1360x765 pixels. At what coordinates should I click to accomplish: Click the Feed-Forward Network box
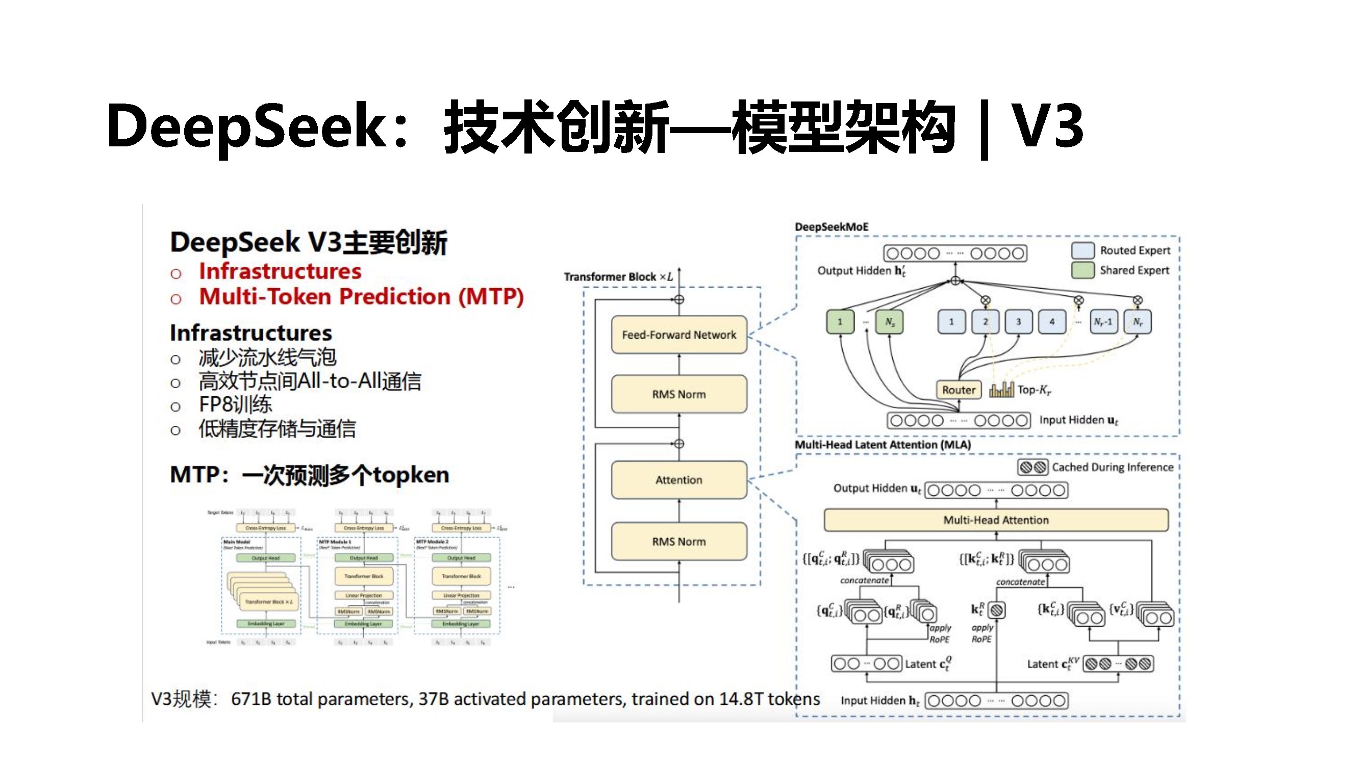pos(679,335)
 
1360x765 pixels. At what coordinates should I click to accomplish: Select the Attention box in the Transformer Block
pos(679,480)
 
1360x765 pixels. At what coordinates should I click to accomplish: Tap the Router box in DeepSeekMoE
pos(958,390)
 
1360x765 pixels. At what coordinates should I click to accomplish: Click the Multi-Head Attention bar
pos(996,520)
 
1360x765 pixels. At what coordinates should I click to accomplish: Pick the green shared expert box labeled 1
pos(840,321)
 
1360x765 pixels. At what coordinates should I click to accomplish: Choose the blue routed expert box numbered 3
pos(1018,321)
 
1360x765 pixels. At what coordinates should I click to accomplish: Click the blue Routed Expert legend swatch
pos(1082,250)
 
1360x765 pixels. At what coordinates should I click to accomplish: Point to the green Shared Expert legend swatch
pos(1082,270)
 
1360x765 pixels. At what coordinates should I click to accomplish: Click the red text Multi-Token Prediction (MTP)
pos(361,297)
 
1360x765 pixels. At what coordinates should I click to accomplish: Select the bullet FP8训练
pos(235,405)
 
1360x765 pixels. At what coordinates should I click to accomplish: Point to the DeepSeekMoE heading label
pos(832,227)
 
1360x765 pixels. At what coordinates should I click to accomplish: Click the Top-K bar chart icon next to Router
pos(1001,390)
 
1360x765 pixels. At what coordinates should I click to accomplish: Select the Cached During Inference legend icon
pos(1032,467)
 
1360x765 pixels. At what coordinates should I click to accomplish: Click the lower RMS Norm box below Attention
pos(679,542)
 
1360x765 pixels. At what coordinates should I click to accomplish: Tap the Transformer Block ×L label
pos(618,276)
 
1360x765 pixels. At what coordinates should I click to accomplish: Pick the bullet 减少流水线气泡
pos(267,358)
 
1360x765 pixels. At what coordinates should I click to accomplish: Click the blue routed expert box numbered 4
pos(1052,321)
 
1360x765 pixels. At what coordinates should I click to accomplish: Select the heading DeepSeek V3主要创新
pos(308,242)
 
